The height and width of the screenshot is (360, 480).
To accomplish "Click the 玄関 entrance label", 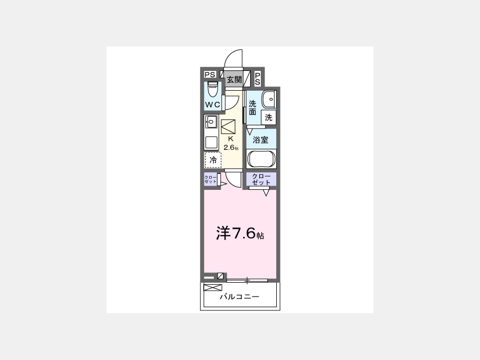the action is coord(234,80).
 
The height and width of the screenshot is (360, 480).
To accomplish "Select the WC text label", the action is coord(212,105).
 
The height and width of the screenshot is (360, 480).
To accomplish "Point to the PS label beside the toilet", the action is coord(210,74).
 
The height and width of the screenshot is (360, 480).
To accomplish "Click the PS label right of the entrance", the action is coord(258,79).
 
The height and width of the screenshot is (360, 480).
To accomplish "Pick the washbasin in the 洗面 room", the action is coord(269,99).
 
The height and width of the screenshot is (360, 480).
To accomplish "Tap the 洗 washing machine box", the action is coord(268,117).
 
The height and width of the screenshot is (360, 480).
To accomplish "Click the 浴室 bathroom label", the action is coord(260,140).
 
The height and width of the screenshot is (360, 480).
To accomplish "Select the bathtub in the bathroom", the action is coord(261,159).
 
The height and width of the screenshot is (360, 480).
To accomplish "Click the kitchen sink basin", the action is coord(211,122).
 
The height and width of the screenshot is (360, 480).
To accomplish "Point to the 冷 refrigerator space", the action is coord(213,160).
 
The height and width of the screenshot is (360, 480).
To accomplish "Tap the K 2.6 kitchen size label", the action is coord(231,143).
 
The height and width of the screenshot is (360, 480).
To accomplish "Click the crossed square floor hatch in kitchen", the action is coord(228,126).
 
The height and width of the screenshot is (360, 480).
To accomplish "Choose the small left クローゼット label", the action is coord(211,179).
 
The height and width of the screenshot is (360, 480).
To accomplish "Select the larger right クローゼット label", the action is coord(261,179).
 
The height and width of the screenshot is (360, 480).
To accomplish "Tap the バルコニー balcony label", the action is coord(239,297).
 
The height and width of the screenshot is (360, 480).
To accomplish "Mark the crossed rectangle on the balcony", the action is coord(212,288).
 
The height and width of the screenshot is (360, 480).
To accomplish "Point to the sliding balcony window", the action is coord(247,280).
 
